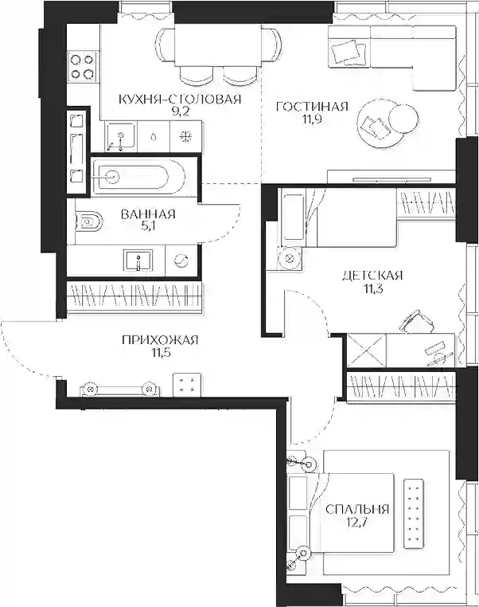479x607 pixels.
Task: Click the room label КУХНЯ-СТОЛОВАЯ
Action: pos(180,99)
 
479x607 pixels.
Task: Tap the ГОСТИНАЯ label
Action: pos(312,107)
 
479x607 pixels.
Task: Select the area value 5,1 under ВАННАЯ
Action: pos(148,226)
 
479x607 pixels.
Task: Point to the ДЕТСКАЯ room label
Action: pos(372,276)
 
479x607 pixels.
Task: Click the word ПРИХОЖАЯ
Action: pos(160,340)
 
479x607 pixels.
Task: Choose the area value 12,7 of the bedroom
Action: pos(356,523)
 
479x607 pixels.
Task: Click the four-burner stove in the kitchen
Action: pos(83,66)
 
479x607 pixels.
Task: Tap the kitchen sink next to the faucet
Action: pos(121,136)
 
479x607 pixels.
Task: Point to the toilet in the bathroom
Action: pos(91,221)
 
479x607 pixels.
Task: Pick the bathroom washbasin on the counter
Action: pos(138,260)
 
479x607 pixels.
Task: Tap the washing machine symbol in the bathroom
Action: pos(181,260)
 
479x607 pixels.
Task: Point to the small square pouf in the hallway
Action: pos(187,385)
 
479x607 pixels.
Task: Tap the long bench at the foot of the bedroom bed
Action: pos(414,513)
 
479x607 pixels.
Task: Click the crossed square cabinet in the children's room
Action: pos(366,349)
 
